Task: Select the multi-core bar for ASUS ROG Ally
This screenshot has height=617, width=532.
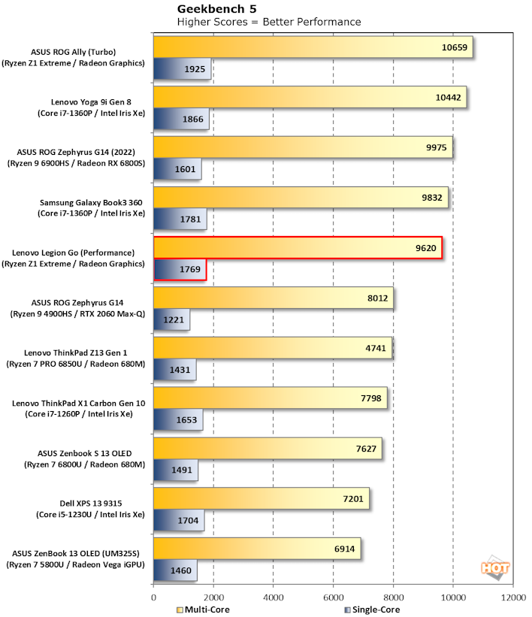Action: click(313, 47)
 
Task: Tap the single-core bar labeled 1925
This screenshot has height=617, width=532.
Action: click(182, 68)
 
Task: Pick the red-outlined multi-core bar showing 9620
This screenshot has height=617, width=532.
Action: click(298, 248)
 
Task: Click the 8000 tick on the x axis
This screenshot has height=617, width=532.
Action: click(393, 597)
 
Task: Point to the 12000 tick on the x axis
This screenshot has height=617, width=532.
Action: click(513, 597)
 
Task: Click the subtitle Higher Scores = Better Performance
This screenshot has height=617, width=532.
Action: click(268, 22)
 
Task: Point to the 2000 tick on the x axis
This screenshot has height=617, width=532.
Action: click(213, 597)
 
